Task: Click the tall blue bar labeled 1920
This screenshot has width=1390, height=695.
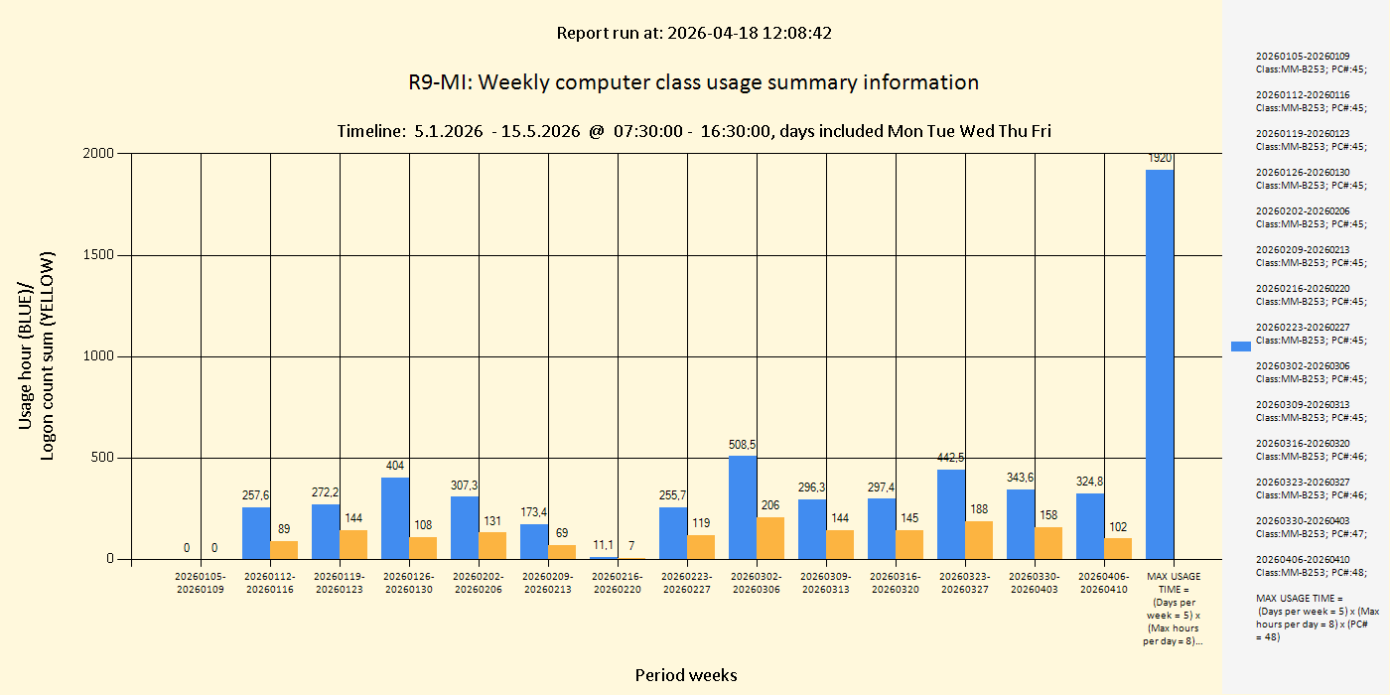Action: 1160,364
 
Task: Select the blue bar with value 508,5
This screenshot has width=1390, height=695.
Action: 743,507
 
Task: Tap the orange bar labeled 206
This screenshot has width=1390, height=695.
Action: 770,538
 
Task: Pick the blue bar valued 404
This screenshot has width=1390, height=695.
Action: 395,518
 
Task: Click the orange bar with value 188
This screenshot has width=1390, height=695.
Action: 979,540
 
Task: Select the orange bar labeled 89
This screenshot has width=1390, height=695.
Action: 284,550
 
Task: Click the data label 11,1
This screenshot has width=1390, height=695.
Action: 603,545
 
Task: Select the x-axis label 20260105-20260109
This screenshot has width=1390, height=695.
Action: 201,583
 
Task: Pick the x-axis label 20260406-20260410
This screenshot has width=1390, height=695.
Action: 1104,583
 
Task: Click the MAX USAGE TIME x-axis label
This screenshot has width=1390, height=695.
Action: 1174,608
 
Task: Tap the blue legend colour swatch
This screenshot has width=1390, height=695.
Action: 1241,347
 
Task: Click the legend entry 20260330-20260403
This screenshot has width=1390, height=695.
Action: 1310,526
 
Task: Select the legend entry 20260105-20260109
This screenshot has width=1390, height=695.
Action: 1310,63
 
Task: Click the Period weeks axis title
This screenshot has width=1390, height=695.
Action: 686,675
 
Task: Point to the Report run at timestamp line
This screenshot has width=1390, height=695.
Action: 694,33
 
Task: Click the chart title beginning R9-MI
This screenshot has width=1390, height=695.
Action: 694,82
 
